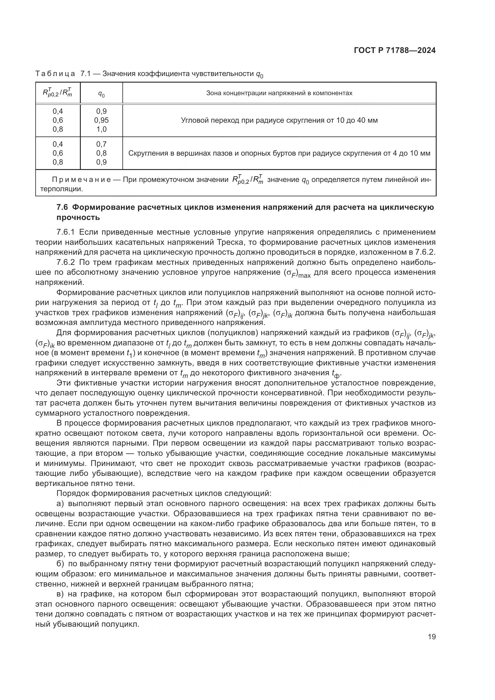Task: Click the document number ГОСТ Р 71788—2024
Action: point(395,51)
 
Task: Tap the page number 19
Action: point(432,637)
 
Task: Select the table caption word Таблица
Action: point(55,74)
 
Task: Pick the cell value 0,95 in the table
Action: point(101,120)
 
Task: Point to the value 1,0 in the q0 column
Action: point(101,129)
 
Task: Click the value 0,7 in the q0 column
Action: point(101,144)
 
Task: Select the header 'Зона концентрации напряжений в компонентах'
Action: point(279,93)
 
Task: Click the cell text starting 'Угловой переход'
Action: point(279,120)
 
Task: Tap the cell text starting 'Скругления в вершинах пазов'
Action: point(279,153)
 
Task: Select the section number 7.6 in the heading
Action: point(63,207)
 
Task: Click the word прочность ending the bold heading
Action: point(78,217)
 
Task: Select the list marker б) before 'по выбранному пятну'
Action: point(60,564)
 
